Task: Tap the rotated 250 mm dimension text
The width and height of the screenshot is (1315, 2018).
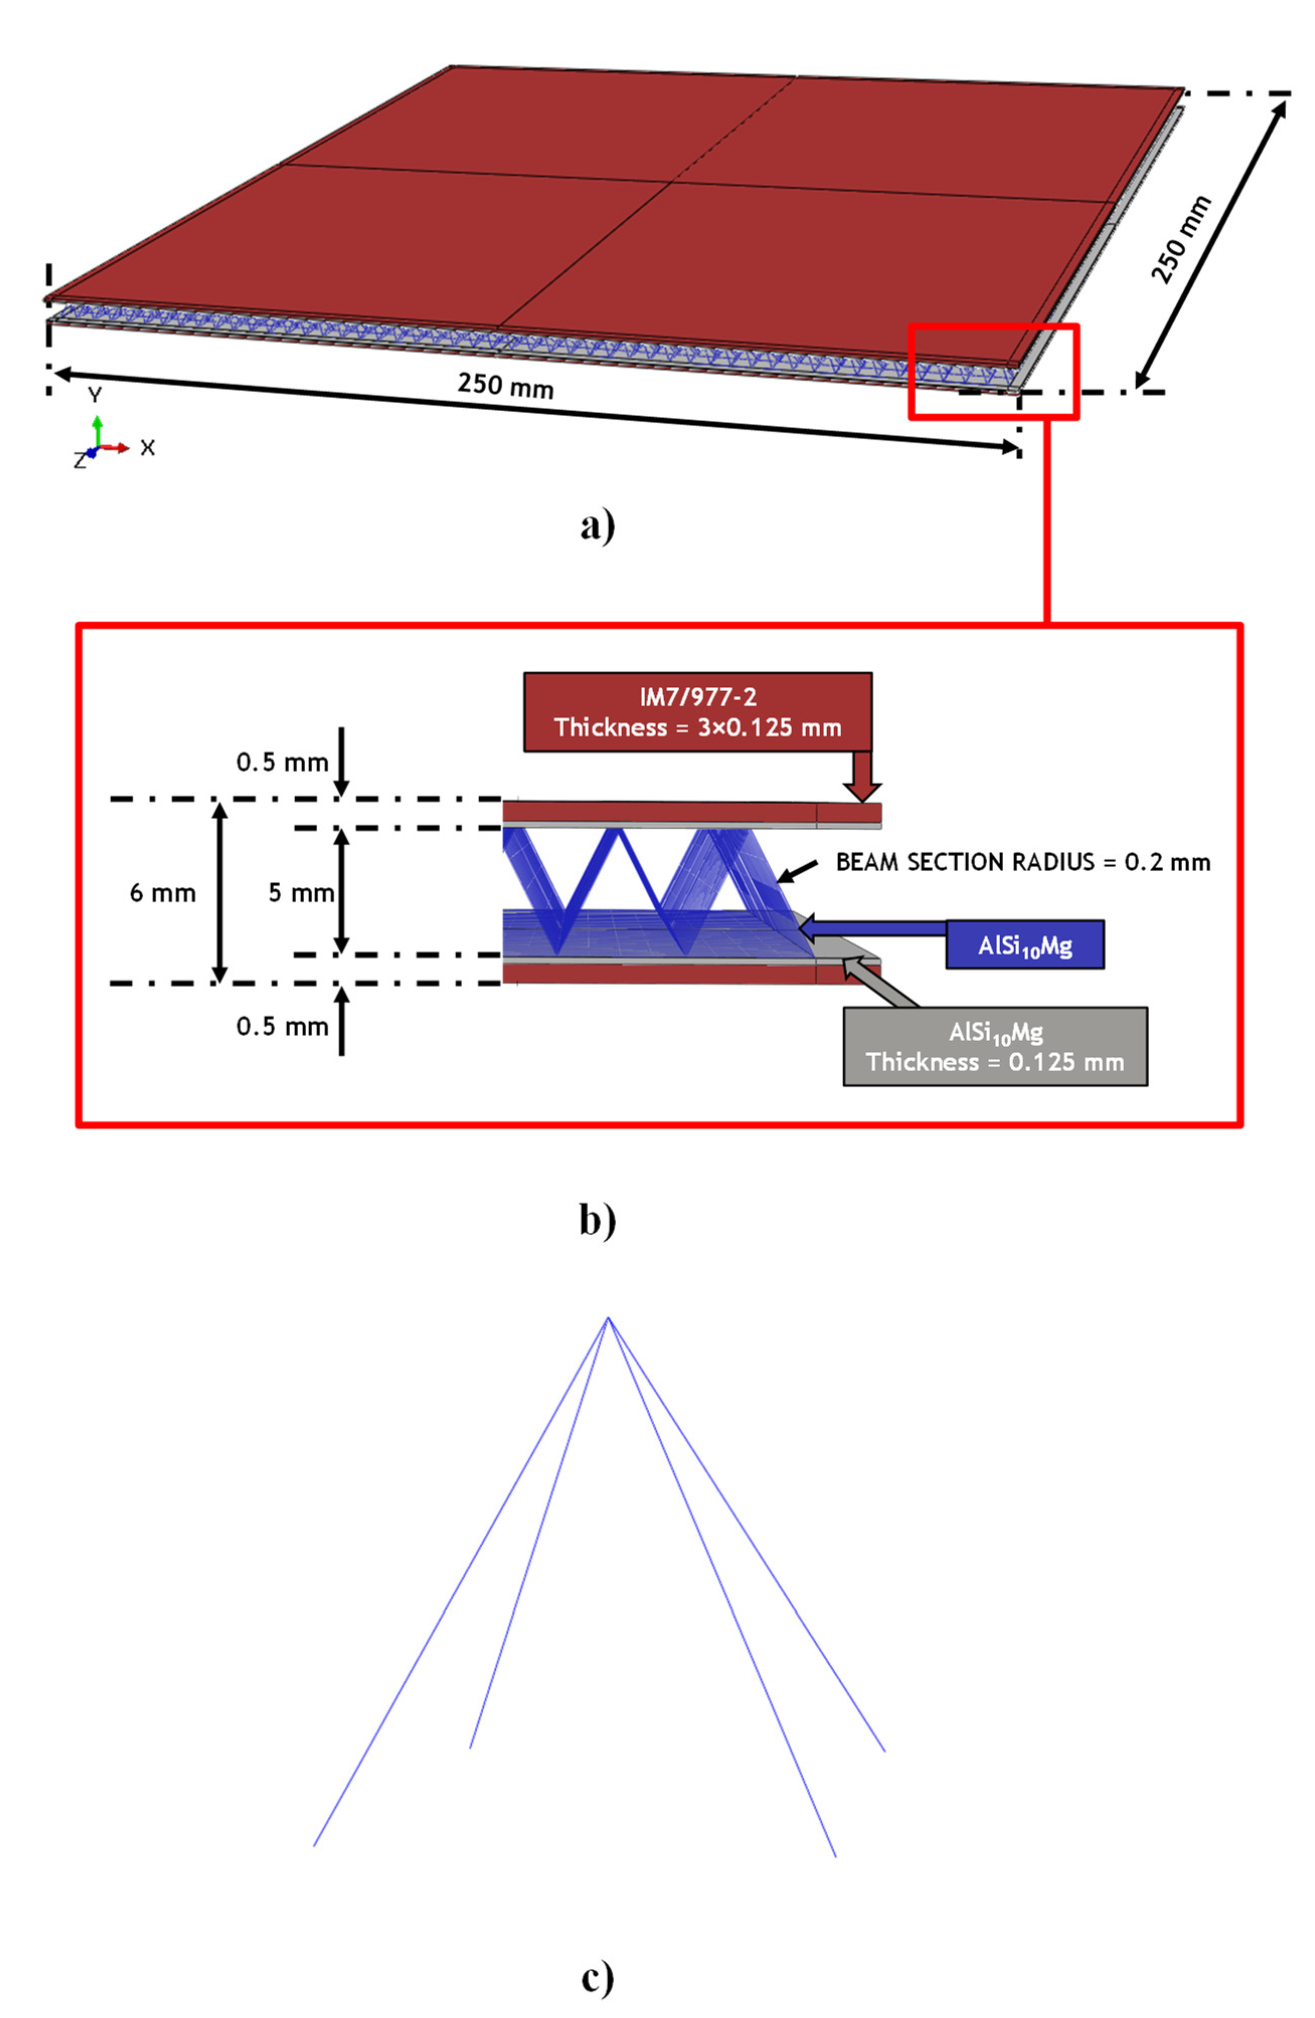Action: click(x=1180, y=239)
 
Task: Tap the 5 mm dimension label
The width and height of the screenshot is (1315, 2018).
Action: click(x=300, y=893)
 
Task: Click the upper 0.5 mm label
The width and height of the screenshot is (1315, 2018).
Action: click(x=282, y=762)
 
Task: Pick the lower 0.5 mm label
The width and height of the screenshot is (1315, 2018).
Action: click(x=282, y=1027)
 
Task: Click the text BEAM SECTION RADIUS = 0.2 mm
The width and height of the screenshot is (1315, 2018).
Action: click(x=1022, y=862)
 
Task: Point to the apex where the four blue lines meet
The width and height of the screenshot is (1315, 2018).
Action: click(x=607, y=1318)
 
